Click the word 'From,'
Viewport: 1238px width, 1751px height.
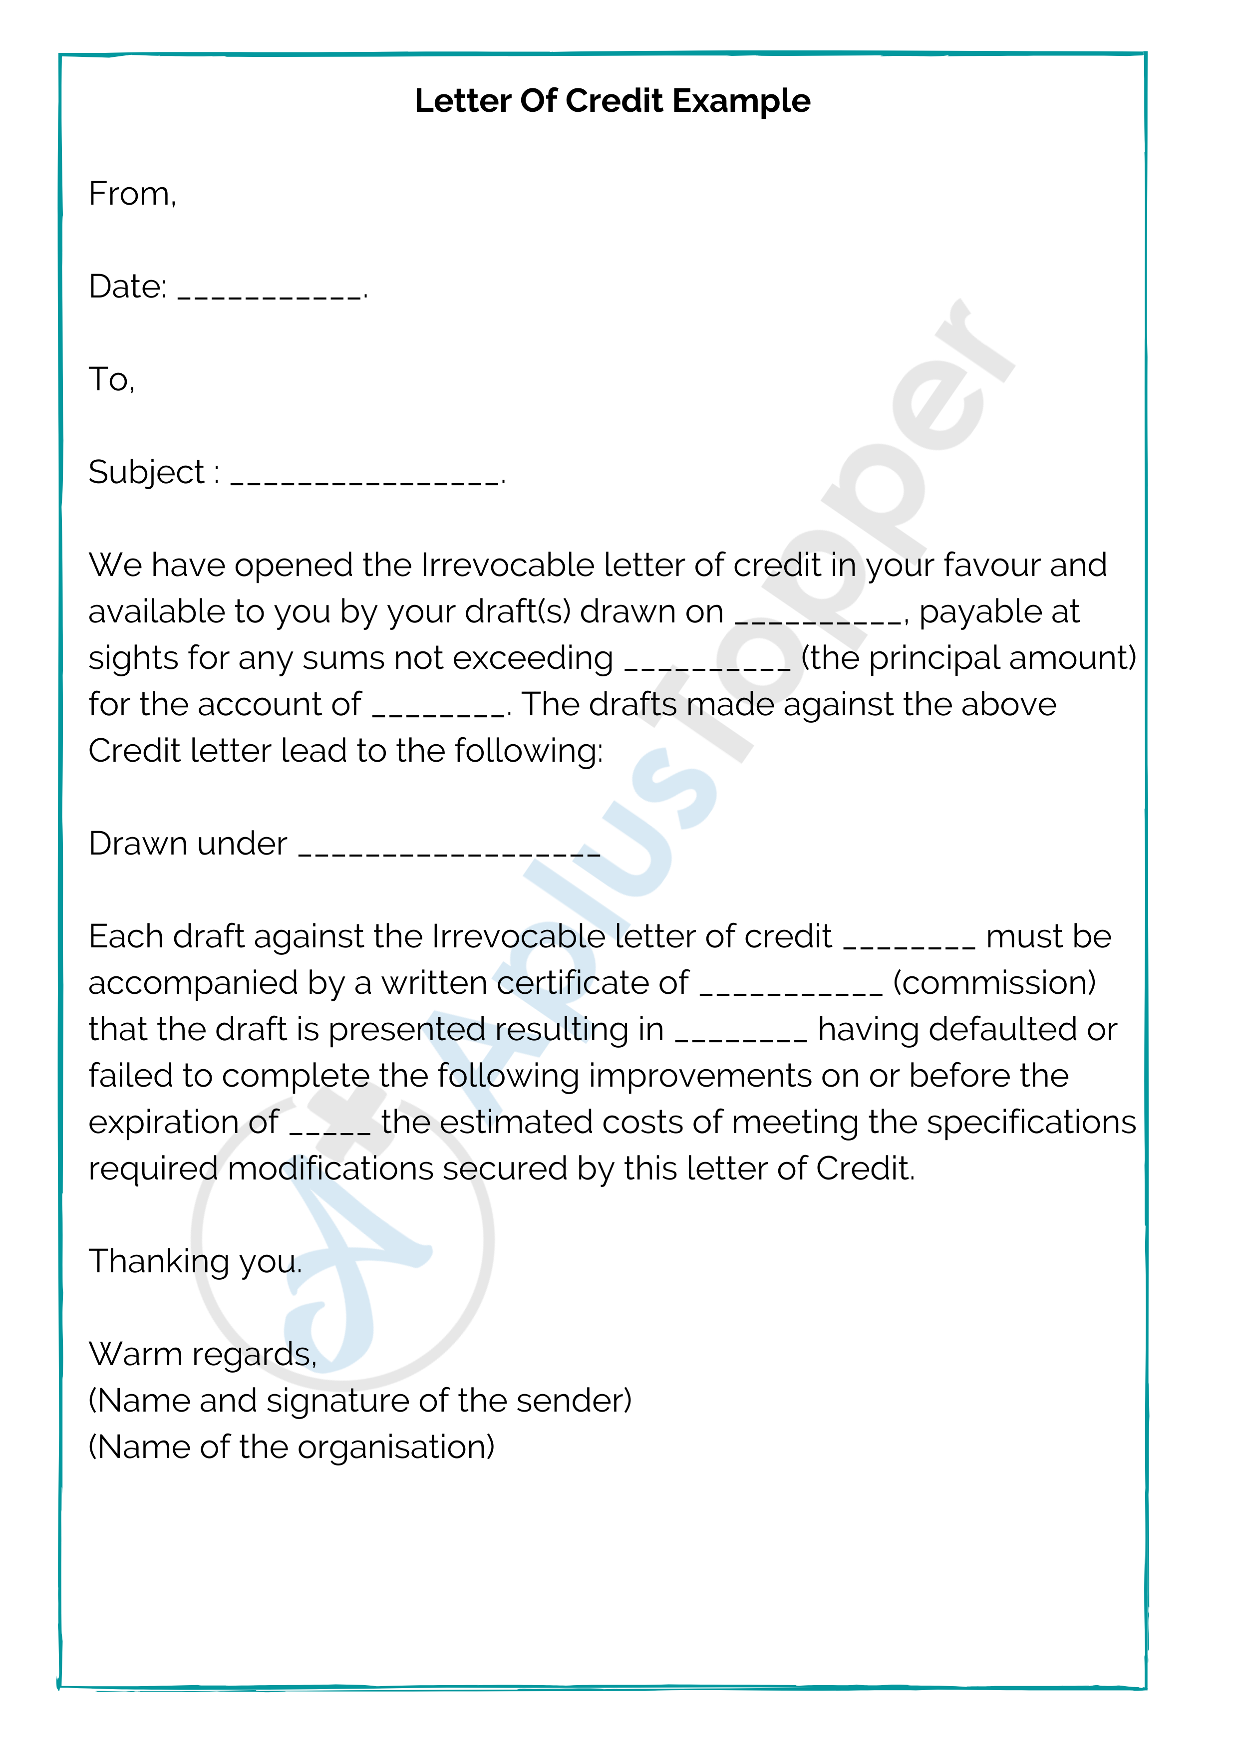coord(132,195)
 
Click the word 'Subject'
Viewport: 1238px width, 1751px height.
coord(146,473)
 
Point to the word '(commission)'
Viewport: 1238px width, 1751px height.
coord(994,983)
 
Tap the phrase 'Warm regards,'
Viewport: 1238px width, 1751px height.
coord(202,1355)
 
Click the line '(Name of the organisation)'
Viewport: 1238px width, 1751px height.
coord(292,1448)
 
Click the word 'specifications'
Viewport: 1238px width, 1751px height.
coord(1031,1123)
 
